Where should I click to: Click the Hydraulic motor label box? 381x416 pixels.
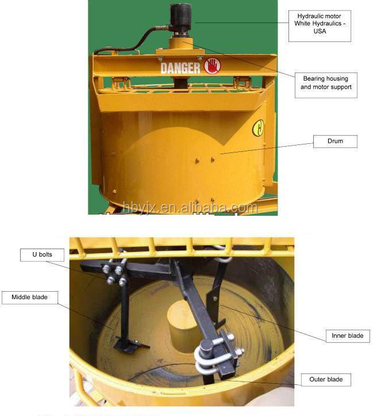[320, 26]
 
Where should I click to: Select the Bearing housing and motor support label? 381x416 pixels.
[326, 85]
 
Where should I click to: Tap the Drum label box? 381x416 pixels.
[335, 142]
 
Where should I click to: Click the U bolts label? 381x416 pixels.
[42, 255]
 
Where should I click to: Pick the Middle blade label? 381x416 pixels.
[30, 297]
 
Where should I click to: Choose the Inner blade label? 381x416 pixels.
[348, 336]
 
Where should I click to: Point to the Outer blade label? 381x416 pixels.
[326, 380]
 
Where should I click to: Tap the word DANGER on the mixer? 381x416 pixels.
[180, 68]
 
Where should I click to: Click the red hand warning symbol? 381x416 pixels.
[212, 66]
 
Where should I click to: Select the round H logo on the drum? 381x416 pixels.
[258, 128]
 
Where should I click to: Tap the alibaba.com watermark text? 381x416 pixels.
[190, 208]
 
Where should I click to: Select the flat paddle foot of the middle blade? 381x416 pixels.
[130, 346]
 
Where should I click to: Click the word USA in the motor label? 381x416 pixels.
[320, 31]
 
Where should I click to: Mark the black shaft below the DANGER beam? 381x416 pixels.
[181, 82]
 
